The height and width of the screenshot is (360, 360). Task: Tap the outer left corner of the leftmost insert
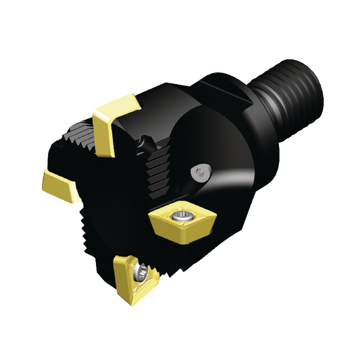coord(43,175)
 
